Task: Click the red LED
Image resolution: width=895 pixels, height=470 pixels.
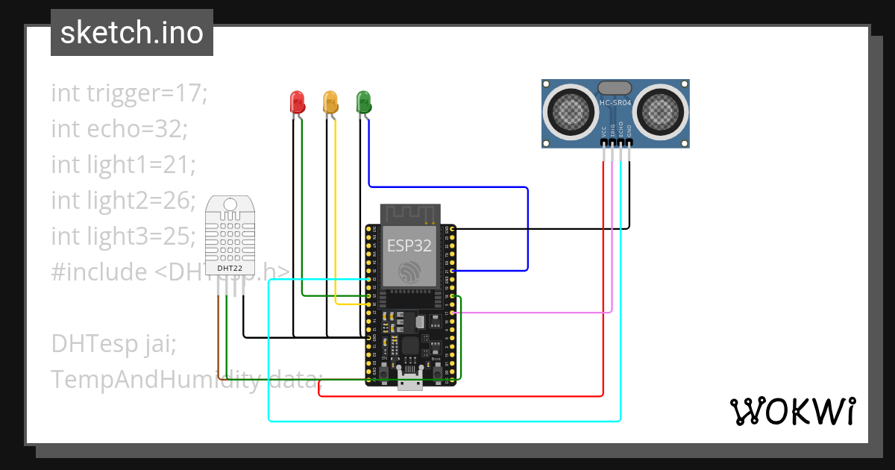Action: click(x=297, y=101)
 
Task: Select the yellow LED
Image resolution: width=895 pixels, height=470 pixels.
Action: click(x=330, y=101)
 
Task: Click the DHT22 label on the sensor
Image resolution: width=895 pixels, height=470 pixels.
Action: click(x=229, y=267)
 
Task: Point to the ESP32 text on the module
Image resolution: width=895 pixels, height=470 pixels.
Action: click(x=408, y=245)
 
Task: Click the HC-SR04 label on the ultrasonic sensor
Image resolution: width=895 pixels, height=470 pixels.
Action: click(x=615, y=102)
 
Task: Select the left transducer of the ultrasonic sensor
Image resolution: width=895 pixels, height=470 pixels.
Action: click(x=572, y=111)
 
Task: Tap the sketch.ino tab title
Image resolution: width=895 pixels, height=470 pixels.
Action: click(x=132, y=33)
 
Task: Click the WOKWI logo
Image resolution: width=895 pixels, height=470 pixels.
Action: click(x=792, y=411)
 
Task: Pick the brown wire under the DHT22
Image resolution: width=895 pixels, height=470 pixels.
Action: click(x=219, y=336)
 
